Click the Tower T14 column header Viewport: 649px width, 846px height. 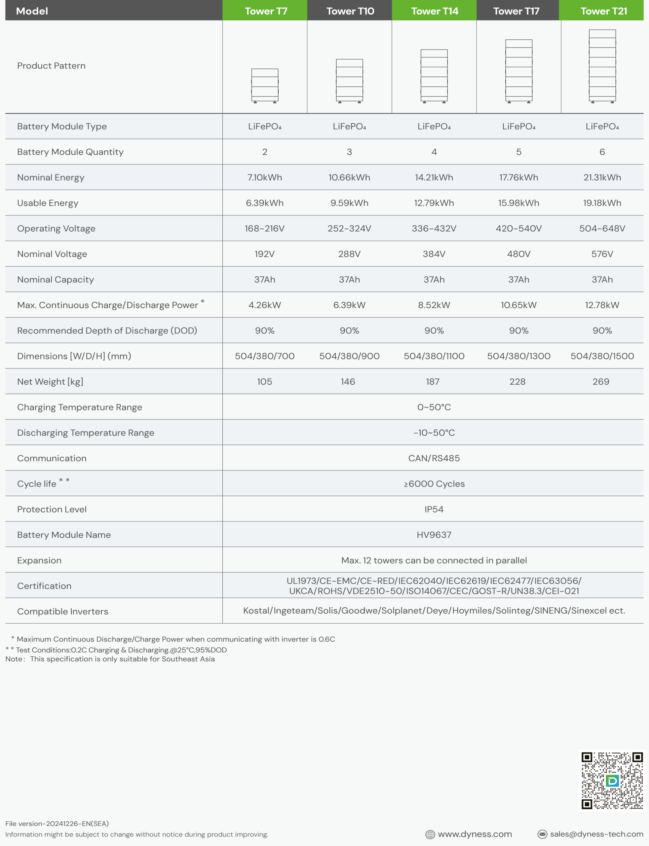(434, 11)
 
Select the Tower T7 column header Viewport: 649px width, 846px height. (266, 11)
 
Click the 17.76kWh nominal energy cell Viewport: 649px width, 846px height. (518, 177)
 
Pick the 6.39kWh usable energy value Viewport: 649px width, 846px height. (265, 203)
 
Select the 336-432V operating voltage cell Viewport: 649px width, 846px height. (434, 228)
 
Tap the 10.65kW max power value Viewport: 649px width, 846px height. (518, 305)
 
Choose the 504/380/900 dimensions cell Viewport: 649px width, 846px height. (349, 356)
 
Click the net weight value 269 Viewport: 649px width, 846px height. (601, 381)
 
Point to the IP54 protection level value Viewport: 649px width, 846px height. (434, 509)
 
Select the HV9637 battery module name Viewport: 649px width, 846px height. (434, 535)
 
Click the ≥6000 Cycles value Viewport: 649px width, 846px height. (434, 484)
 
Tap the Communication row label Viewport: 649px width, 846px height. (52, 458)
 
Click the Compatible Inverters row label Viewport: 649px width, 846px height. (62, 611)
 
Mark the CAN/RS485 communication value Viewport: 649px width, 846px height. (434, 458)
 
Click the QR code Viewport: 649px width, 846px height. (612, 780)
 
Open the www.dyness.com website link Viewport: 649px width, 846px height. (475, 834)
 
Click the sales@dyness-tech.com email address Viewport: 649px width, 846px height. (596, 834)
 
